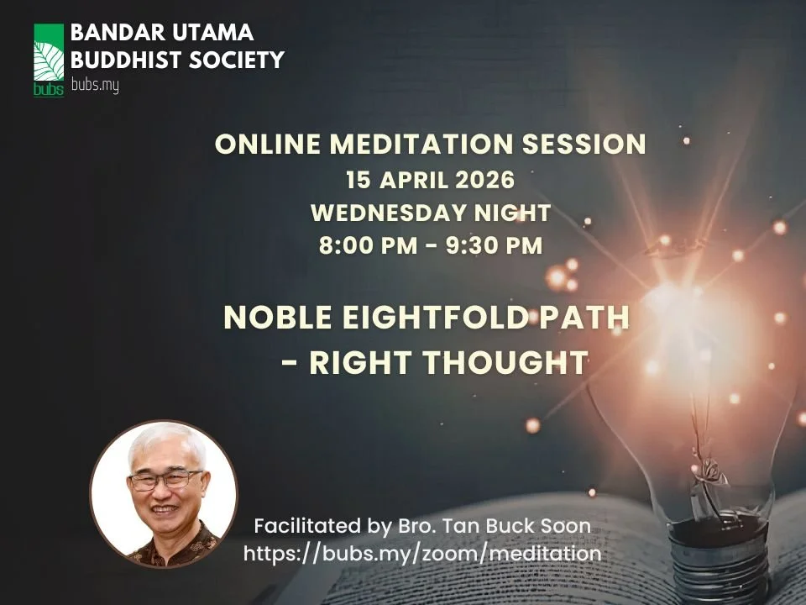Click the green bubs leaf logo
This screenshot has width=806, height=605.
(x=48, y=60)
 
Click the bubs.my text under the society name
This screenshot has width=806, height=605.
(x=94, y=86)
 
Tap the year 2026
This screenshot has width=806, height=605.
(x=483, y=181)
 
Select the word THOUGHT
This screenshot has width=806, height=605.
(x=504, y=362)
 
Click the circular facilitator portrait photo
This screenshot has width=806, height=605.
(x=164, y=495)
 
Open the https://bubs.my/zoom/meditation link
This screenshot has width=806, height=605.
(x=422, y=554)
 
